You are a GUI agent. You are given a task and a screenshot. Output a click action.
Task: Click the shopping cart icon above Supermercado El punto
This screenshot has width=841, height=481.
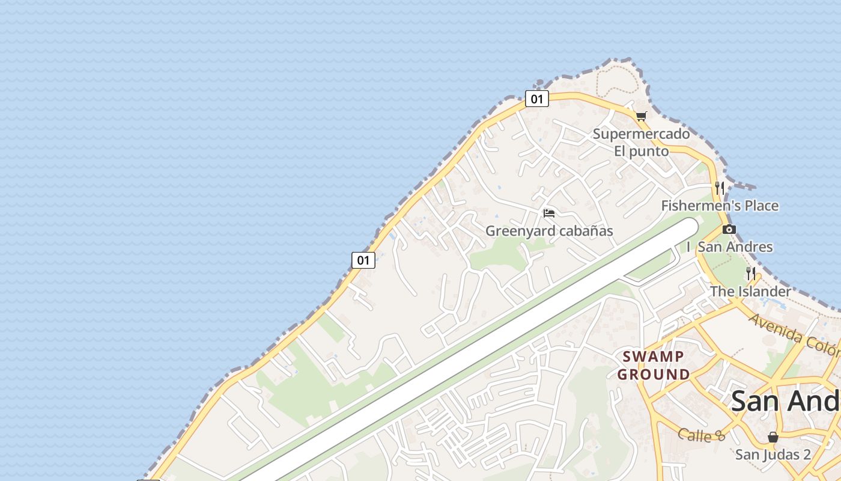pos(641,116)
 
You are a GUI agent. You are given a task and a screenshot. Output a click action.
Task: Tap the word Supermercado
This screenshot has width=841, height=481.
pos(641,133)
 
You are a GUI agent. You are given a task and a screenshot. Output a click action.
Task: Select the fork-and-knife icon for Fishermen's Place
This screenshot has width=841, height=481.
pos(720,188)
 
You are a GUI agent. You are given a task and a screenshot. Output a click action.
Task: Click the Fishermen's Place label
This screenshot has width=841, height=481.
pos(720,206)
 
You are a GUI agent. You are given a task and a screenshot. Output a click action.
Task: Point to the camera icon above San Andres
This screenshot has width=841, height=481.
pos(729,229)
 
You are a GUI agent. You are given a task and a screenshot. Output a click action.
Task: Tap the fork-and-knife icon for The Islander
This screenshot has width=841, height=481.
pos(750,274)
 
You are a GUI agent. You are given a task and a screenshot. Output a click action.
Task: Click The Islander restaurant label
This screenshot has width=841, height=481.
pos(750,292)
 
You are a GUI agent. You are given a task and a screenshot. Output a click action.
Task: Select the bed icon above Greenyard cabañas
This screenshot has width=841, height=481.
pos(548,213)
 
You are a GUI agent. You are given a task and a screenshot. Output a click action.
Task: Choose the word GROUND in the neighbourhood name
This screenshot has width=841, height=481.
pos(654,375)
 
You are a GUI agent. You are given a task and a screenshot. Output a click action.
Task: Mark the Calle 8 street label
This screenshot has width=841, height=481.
pos(702,435)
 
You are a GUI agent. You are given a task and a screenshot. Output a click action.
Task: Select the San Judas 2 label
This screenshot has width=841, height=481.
pos(773,455)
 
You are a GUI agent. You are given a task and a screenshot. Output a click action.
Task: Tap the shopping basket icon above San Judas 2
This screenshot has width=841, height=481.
pos(773,437)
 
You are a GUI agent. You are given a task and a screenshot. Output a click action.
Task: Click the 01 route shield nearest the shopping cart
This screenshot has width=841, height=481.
pos(536,99)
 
